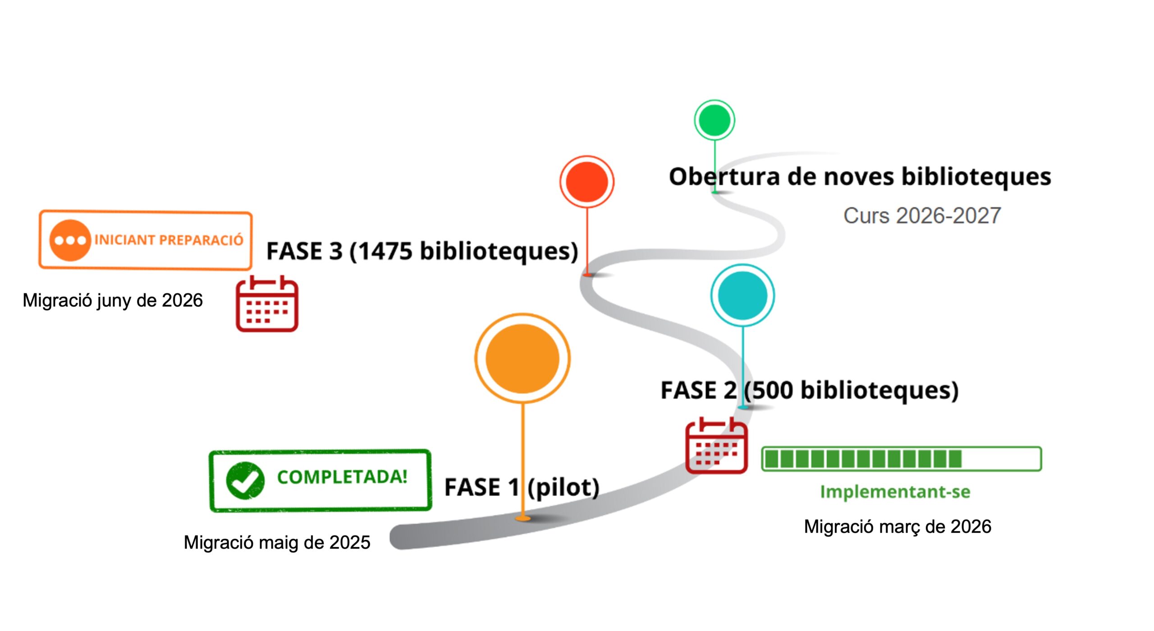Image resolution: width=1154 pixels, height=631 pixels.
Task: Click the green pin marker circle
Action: click(x=714, y=120)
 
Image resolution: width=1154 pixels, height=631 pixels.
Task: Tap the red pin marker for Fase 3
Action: click(x=586, y=182)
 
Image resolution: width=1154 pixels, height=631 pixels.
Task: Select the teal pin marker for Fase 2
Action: click(x=742, y=295)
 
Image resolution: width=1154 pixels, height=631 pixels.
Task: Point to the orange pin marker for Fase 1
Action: click(x=522, y=358)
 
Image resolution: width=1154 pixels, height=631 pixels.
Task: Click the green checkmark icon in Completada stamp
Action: click(x=245, y=480)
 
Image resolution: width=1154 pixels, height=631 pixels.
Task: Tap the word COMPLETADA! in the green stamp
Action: click(x=342, y=477)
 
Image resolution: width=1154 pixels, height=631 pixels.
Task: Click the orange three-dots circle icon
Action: click(x=70, y=240)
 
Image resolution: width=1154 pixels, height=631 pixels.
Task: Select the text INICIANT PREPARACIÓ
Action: click(x=169, y=240)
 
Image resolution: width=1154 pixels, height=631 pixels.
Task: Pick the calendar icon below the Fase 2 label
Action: click(x=716, y=446)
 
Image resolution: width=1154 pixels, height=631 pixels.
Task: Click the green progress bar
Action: click(x=901, y=459)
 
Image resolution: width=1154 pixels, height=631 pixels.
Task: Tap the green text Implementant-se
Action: click(x=895, y=491)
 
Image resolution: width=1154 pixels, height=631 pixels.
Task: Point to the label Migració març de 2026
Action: click(x=898, y=526)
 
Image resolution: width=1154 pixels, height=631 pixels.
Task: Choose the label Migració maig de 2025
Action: click(x=277, y=542)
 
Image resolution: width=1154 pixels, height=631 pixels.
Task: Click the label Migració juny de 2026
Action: click(x=113, y=300)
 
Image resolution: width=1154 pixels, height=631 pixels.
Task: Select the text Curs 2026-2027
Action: click(x=922, y=215)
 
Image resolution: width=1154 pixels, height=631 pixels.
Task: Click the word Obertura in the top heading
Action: click(x=724, y=176)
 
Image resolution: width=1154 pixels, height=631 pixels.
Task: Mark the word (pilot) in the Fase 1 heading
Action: click(x=563, y=487)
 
